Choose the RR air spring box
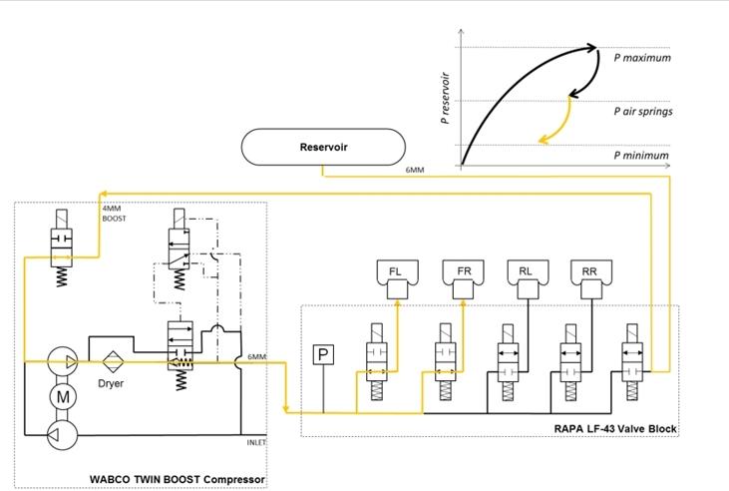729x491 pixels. pos(588,270)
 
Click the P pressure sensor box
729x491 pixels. pos(322,354)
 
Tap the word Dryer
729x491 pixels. pos(111,383)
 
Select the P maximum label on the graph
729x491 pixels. pos(641,58)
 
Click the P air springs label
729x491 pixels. pos(642,112)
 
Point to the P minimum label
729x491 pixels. pos(641,156)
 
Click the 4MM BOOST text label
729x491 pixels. pos(115,214)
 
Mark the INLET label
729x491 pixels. pos(257,441)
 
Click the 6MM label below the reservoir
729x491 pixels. pos(415,171)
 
